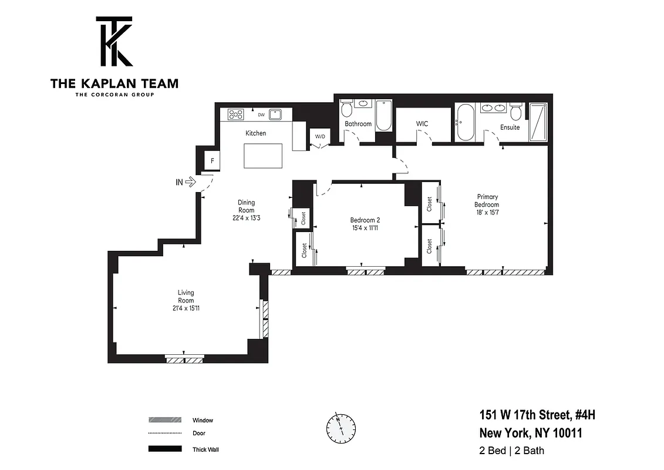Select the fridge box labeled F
pyautogui.click(x=211, y=160)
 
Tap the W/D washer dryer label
pyautogui.click(x=320, y=137)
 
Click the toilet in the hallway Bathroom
pyautogui.click(x=346, y=109)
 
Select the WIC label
pyautogui.click(x=422, y=124)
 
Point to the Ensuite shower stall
pyautogui.click(x=538, y=122)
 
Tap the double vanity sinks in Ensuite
pyautogui.click(x=493, y=108)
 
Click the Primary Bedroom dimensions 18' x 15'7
pyautogui.click(x=487, y=212)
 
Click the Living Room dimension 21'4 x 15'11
pyautogui.click(x=186, y=308)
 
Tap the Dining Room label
pyautogui.click(x=246, y=206)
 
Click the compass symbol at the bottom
pyautogui.click(x=339, y=428)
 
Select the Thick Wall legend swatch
pyautogui.click(x=165, y=449)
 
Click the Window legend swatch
pyautogui.click(x=165, y=420)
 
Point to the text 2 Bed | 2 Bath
pyautogui.click(x=512, y=451)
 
